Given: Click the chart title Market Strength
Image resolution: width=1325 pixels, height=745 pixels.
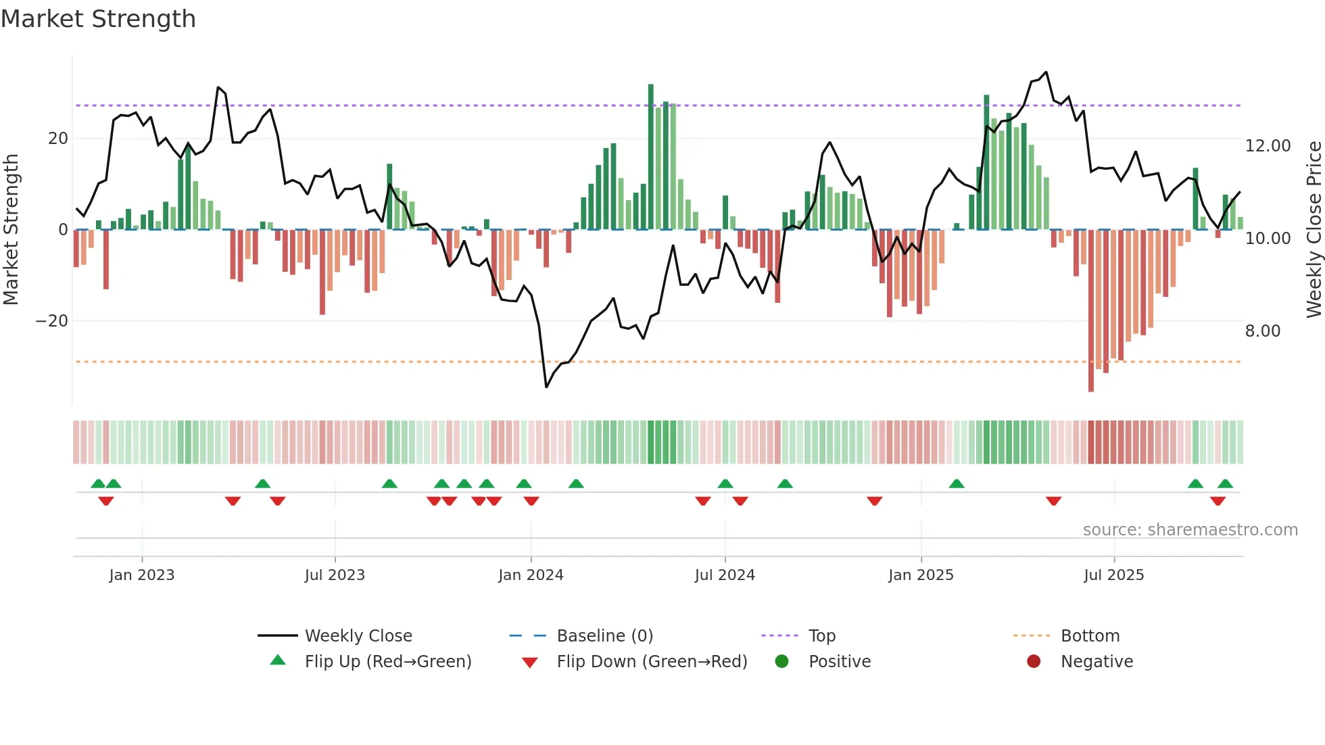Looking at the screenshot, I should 98,19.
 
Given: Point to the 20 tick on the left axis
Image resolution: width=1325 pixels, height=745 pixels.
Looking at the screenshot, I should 58,139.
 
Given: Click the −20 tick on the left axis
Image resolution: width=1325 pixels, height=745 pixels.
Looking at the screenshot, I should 52,321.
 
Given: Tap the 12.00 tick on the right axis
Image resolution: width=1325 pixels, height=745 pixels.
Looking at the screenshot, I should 1268,146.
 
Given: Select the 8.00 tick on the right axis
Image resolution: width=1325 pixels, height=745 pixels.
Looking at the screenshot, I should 1262,331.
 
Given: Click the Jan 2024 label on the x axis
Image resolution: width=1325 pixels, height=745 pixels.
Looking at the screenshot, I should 531,575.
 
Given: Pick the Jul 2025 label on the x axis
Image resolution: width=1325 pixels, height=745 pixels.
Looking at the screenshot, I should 1113,575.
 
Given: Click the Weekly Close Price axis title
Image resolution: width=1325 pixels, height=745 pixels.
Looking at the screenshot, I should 1314,229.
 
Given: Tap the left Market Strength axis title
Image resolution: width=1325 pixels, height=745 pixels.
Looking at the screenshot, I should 11,229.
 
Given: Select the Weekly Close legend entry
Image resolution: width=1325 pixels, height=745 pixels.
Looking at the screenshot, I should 358,636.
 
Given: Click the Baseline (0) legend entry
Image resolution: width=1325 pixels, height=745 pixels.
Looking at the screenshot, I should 604,636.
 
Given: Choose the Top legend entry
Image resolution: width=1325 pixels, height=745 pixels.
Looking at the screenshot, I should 821,636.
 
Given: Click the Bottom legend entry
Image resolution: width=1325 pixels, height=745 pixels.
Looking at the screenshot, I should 1090,636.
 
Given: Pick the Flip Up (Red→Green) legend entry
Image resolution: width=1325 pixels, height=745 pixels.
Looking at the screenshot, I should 387,662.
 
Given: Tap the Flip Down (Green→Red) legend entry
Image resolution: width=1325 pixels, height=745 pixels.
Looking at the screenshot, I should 652,662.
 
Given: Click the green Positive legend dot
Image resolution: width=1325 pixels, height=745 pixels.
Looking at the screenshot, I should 781,662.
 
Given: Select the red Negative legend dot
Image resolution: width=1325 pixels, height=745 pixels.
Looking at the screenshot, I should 1034,662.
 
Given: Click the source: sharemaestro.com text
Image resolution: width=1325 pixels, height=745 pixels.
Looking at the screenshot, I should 1190,530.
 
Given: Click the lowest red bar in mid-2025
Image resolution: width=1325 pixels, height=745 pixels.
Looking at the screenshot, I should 1090,311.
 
